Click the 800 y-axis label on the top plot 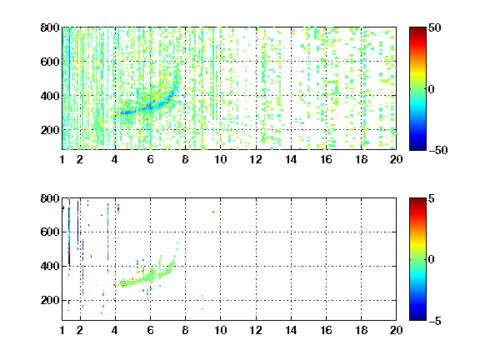coord(50,27)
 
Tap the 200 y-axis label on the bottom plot coord(50,300)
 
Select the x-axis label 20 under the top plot coord(396,159)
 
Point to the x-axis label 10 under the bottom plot coord(220,330)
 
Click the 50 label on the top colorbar coord(435,27)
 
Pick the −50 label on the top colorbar coord(437,150)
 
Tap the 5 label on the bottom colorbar coord(432,198)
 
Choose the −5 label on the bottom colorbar coord(435,321)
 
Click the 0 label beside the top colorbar coord(432,89)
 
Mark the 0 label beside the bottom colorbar coord(432,260)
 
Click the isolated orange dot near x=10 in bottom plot coord(213,212)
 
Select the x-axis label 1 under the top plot coord(62,159)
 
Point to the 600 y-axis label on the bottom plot coord(50,232)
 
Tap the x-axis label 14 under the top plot coord(291,159)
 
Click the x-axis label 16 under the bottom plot coord(326,330)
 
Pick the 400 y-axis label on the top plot coord(50,96)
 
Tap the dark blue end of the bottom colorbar coord(417,318)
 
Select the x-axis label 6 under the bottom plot coord(150,330)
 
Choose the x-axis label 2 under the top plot coord(80,159)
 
